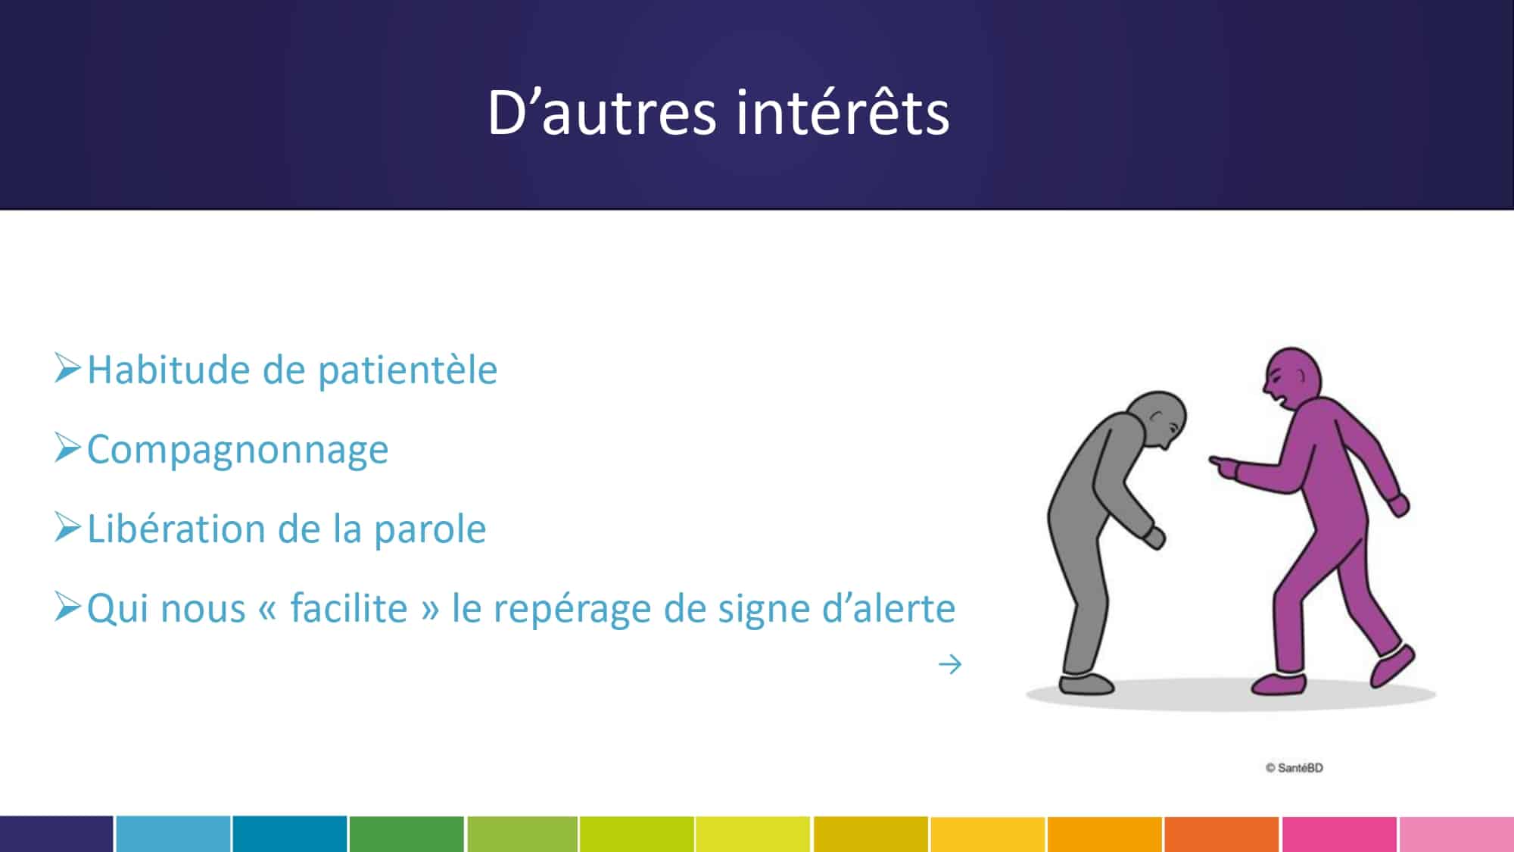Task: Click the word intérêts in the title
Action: [843, 113]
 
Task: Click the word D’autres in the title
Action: [602, 113]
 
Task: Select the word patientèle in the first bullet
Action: [407, 371]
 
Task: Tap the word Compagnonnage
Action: [238, 450]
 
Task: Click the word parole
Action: [430, 529]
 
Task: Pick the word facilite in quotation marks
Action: [349, 607]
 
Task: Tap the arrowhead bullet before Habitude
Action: [67, 368]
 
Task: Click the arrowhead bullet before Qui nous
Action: [67, 607]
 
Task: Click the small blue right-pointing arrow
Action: [950, 664]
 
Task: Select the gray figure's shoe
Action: [1086, 683]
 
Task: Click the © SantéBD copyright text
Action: [1294, 767]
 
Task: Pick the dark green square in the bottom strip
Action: [407, 834]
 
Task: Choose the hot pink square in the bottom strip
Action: [1339, 834]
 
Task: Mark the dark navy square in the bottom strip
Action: [57, 834]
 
